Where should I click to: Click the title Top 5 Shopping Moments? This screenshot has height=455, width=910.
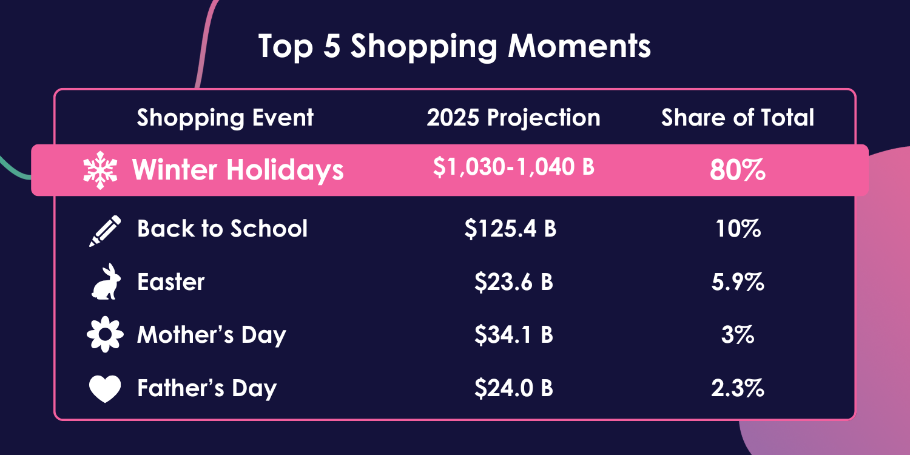(x=454, y=47)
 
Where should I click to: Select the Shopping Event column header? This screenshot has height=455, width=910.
(x=225, y=118)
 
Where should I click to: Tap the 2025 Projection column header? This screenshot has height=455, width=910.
(x=513, y=118)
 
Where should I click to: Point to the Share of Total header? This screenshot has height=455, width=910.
(x=738, y=118)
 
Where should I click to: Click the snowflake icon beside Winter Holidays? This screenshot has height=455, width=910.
(x=99, y=170)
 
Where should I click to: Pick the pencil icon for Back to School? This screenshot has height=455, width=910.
(x=105, y=231)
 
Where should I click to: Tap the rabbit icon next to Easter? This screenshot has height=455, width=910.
(x=105, y=282)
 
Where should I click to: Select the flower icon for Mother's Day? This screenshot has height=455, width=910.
(x=105, y=335)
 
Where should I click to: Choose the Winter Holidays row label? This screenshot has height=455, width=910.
(x=238, y=170)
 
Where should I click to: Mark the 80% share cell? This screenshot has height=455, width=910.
(x=738, y=170)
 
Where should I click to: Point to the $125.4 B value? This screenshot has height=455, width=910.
(x=510, y=229)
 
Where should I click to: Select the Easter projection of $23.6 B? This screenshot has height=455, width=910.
(x=513, y=282)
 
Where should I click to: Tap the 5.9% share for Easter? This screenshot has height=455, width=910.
(x=738, y=282)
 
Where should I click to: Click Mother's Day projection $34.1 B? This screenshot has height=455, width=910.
(x=513, y=335)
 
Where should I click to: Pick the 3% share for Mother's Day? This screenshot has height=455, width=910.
(x=738, y=335)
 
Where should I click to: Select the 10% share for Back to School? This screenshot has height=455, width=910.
(x=738, y=229)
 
